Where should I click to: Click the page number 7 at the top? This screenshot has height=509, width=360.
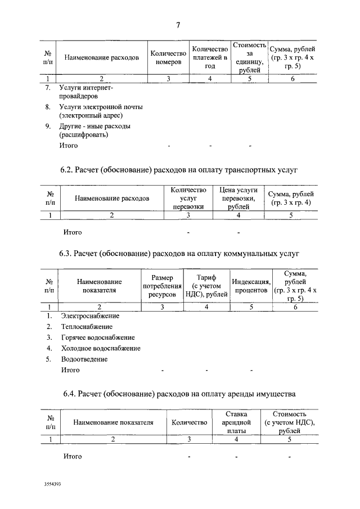pyautogui.click(x=178, y=25)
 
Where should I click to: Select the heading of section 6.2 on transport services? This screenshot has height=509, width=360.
pyautogui.click(x=178, y=169)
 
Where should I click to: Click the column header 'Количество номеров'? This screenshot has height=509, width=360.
pyautogui.click(x=168, y=57)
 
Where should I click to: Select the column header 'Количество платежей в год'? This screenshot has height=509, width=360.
pyautogui.click(x=209, y=57)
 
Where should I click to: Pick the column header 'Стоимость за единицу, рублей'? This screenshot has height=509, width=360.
pyautogui.click(x=249, y=57)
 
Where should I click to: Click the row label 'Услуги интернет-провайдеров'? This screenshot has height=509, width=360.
pyautogui.click(x=86, y=92)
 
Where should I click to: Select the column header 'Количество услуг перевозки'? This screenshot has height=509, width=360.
pyautogui.click(x=188, y=198)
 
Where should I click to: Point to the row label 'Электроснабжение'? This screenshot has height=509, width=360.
pyautogui.click(x=90, y=316)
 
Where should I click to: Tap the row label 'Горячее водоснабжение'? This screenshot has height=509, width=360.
pyautogui.click(x=98, y=337)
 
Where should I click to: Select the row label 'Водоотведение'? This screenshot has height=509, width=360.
pyautogui.click(x=84, y=359)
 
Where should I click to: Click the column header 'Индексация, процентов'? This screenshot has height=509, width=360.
pyautogui.click(x=251, y=286)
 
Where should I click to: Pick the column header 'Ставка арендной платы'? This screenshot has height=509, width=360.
pyautogui.click(x=237, y=422)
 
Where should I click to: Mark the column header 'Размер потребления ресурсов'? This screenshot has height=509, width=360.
pyautogui.click(x=163, y=286)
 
